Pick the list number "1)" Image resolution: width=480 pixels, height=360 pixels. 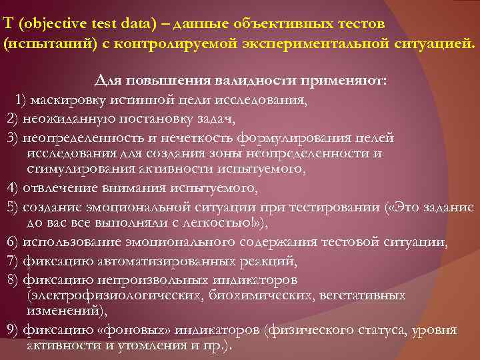(x=20, y=101)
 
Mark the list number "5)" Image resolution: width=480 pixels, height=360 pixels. (x=11, y=207)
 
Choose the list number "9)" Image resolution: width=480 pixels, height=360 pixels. (x=11, y=330)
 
